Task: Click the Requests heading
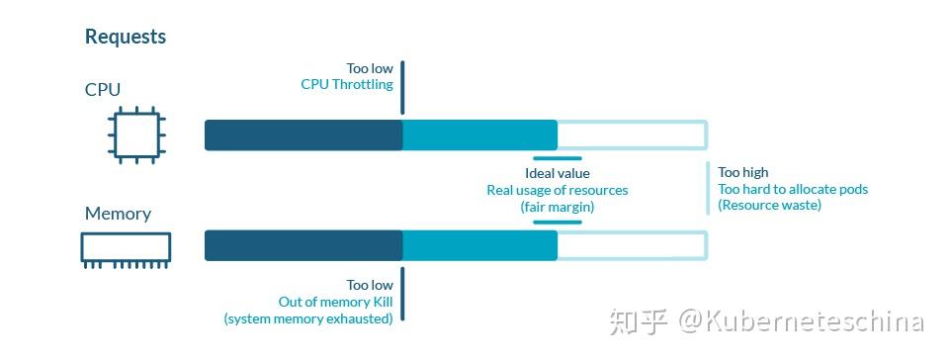pos(126,37)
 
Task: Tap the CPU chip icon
pos(135,135)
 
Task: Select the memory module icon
pos(126,249)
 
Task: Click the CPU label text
pos(103,90)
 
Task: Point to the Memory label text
pos(118,214)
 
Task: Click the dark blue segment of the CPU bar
pos(303,135)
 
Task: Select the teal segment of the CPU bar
pos(480,135)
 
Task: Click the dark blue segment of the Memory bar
pos(303,246)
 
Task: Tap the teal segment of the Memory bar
pos(480,246)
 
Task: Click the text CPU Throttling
pos(347,85)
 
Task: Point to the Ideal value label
pos(557,173)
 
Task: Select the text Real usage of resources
pos(557,190)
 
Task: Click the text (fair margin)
pos(557,207)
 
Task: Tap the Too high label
pos(743,172)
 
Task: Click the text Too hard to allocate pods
pos(793,189)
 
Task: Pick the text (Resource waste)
pos(769,205)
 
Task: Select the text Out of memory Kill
pos(335,302)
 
